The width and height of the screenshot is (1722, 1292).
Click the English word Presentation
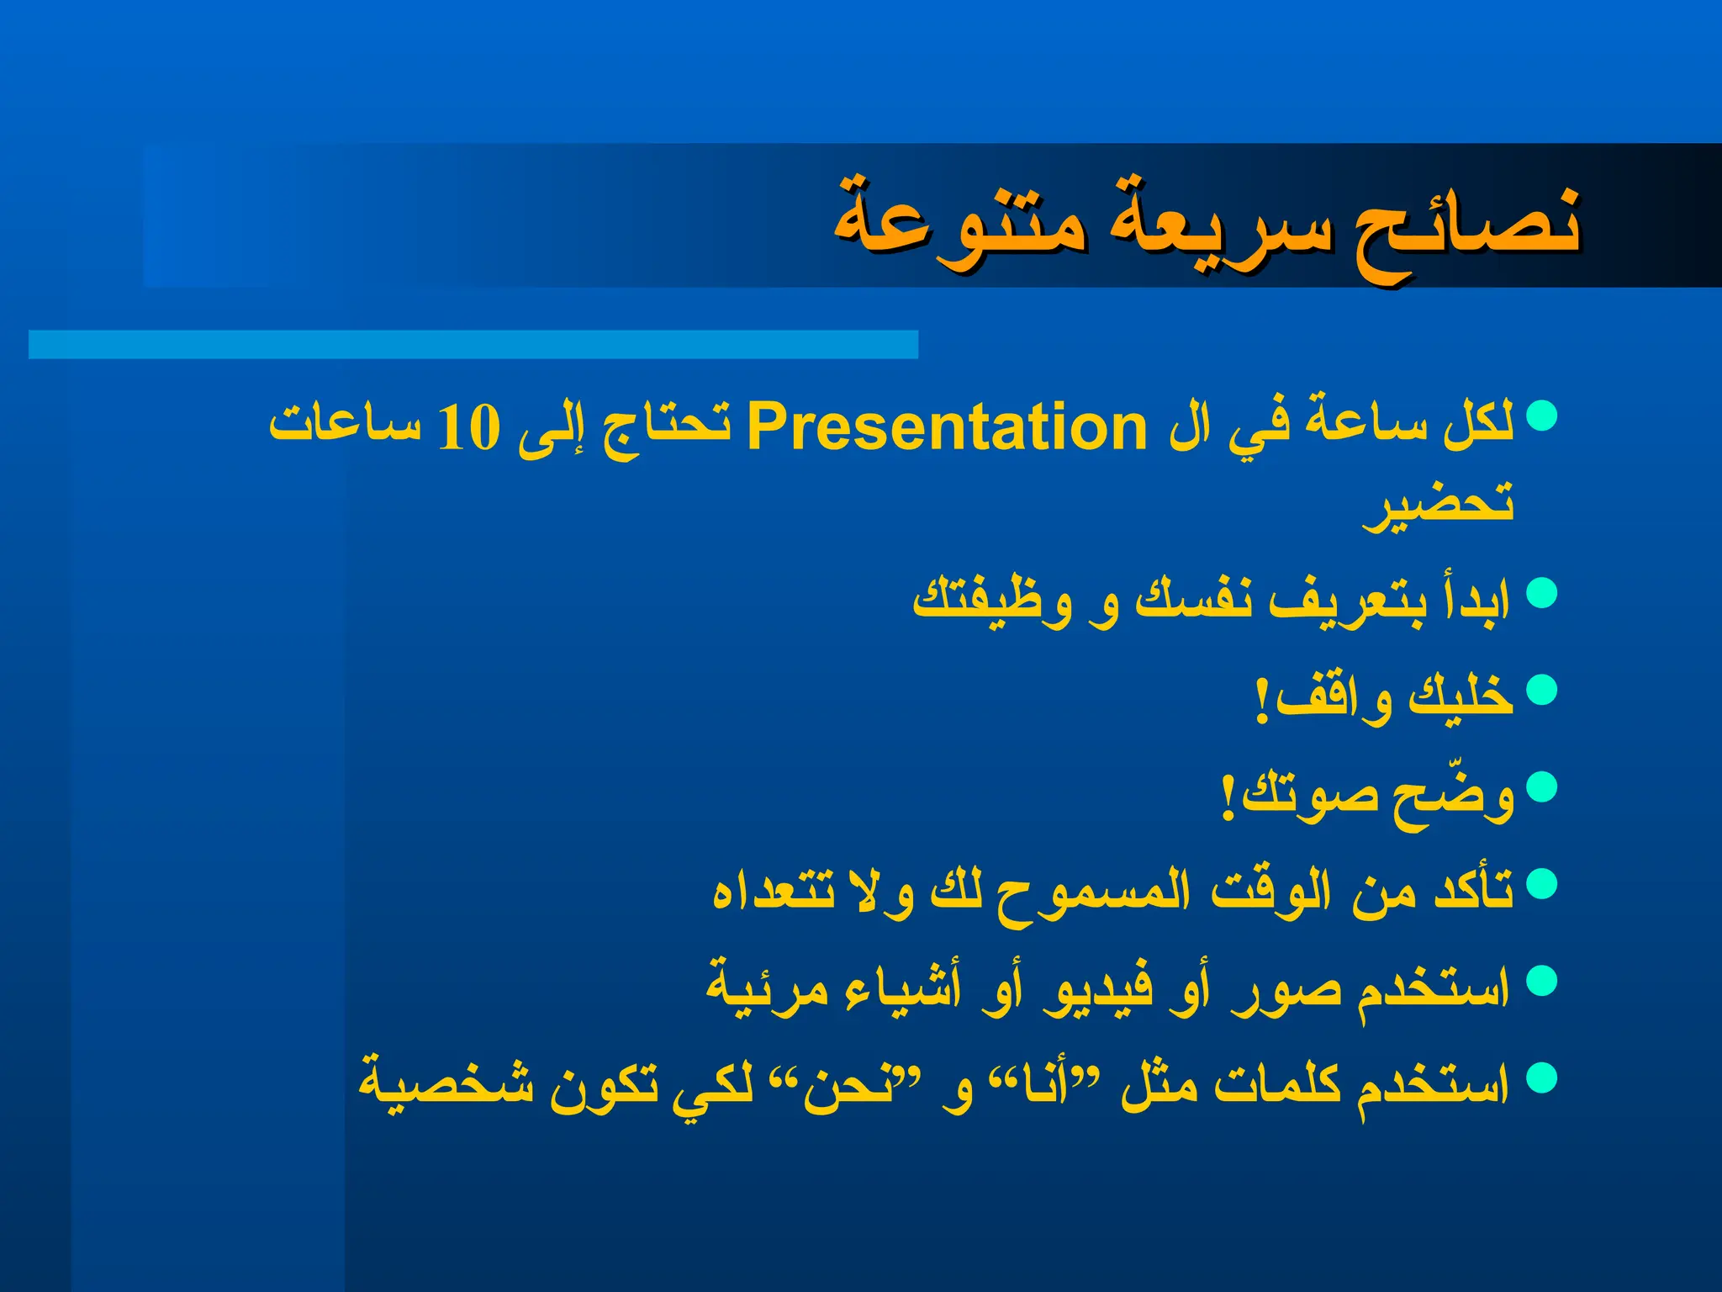click(946, 427)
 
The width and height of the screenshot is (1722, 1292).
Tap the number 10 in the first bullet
click(469, 427)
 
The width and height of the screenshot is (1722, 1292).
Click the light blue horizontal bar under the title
click(473, 345)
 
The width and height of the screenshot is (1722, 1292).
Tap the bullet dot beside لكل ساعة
click(1541, 415)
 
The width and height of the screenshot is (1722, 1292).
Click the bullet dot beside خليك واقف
click(1541, 690)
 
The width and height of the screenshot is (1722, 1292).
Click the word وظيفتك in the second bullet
click(992, 599)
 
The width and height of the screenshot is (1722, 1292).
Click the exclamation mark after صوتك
click(1228, 795)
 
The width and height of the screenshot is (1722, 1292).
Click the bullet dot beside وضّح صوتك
click(1541, 786)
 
